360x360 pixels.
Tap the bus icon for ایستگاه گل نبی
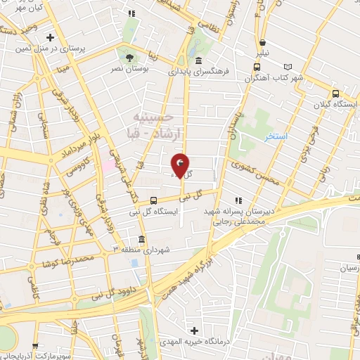(154, 200)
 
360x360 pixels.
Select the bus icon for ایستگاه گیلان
(335, 94)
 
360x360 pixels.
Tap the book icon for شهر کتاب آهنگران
(257, 67)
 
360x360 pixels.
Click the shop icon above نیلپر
(262, 41)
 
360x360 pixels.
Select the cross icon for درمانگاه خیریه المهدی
(195, 330)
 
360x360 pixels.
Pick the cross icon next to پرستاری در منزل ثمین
(50, 37)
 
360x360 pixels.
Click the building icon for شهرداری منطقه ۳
(142, 238)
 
